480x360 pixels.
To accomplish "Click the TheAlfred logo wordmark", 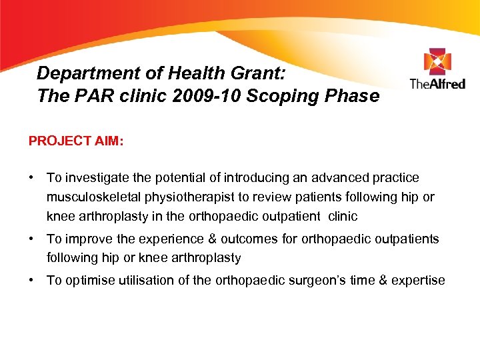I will click(x=437, y=84).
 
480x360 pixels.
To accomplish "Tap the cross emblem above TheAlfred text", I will click(x=437, y=62).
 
